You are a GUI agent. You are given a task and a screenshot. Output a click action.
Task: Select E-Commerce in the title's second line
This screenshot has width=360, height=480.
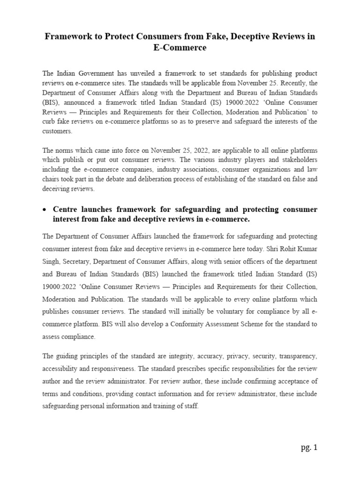[x=180, y=48]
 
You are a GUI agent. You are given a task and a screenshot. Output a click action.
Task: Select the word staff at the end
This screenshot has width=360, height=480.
[x=190, y=407]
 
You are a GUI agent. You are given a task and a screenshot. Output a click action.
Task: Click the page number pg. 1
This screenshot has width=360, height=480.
[x=309, y=447]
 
